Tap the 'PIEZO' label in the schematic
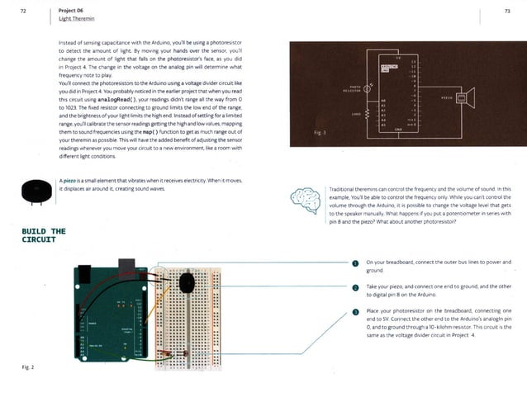(445, 97)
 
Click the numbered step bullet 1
(354, 264)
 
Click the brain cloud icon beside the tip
(303, 199)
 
